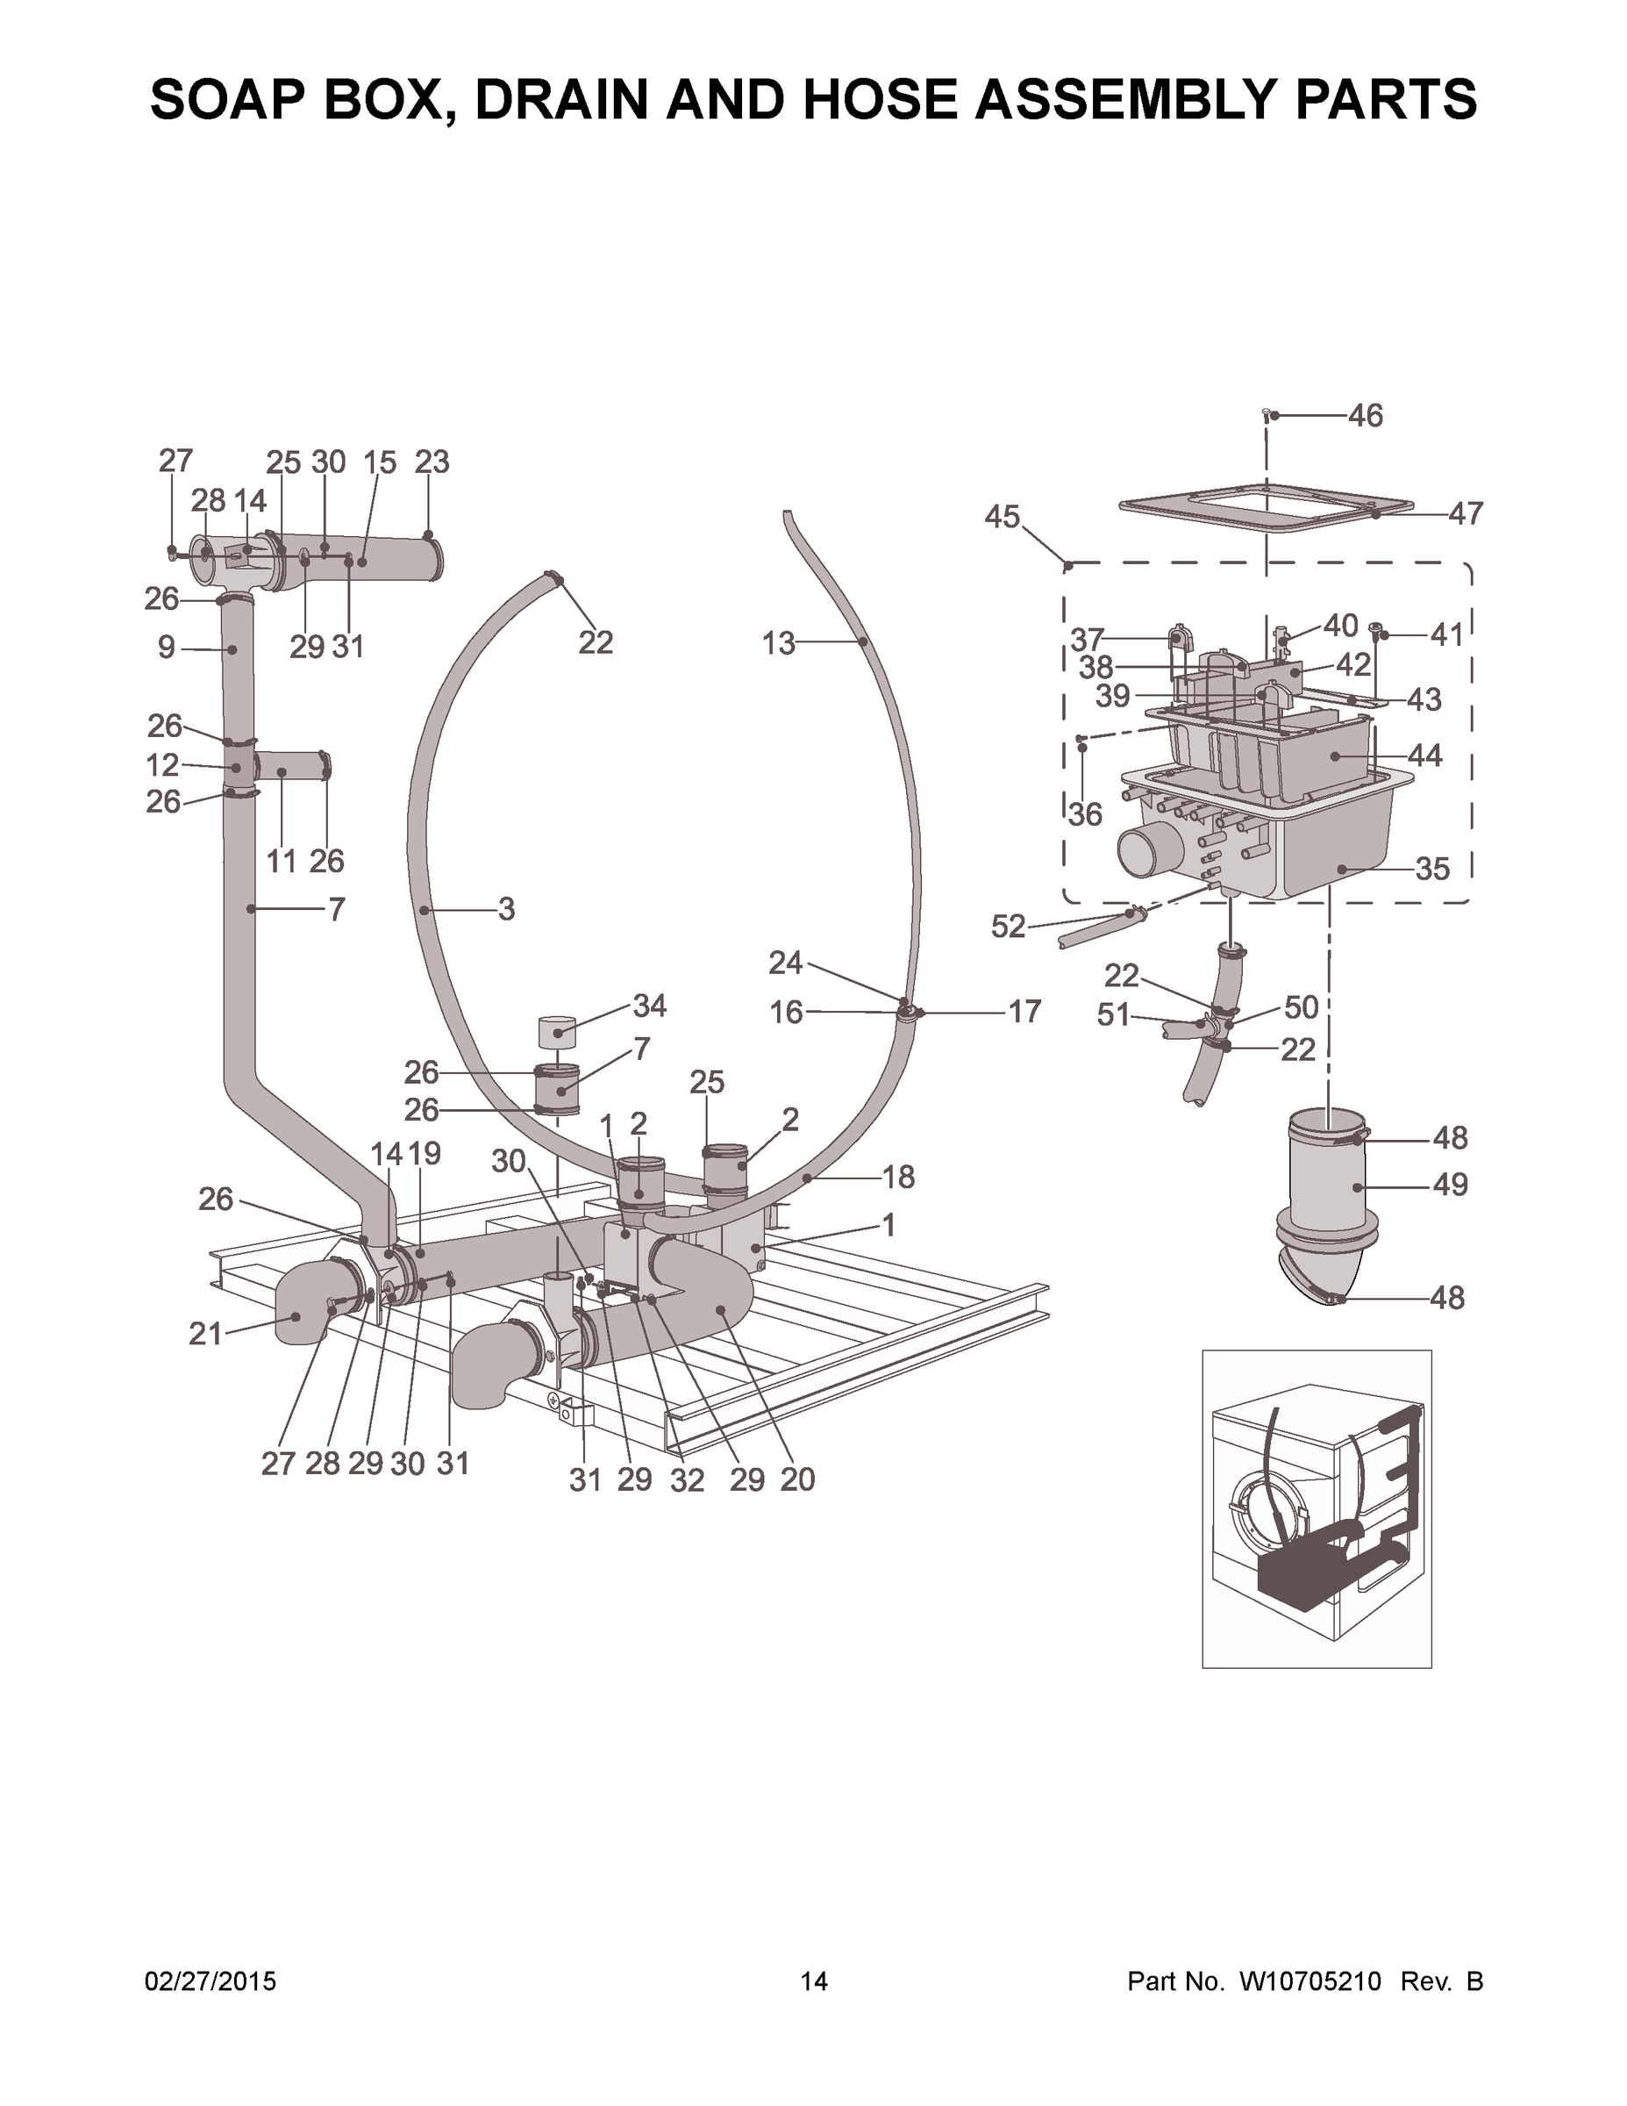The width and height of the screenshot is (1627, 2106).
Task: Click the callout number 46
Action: pyautogui.click(x=1365, y=416)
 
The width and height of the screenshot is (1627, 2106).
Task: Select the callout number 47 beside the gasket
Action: pyautogui.click(x=1465, y=514)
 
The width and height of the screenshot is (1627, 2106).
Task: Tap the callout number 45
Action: pyautogui.click(x=1002, y=517)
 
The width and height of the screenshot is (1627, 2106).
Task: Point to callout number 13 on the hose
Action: pyautogui.click(x=779, y=643)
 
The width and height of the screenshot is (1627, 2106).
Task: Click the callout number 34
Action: pyautogui.click(x=650, y=1006)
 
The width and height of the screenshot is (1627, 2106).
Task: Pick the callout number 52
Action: pyautogui.click(x=1008, y=927)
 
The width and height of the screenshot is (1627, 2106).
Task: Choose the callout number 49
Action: pyautogui.click(x=1450, y=1184)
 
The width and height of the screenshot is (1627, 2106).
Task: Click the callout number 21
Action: pyautogui.click(x=205, y=1335)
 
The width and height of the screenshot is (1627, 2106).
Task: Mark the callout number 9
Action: pyautogui.click(x=167, y=648)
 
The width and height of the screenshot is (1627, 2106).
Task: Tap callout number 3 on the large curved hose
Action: pyautogui.click(x=506, y=909)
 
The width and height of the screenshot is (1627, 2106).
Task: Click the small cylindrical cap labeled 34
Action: pyautogui.click(x=556, y=1032)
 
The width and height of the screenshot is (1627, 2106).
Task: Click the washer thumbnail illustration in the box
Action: pyautogui.click(x=1316, y=1509)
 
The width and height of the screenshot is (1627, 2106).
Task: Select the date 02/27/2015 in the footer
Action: pyautogui.click(x=211, y=1981)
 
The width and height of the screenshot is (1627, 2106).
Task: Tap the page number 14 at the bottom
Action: pyautogui.click(x=814, y=1981)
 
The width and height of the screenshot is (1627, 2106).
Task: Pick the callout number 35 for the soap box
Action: pyautogui.click(x=1432, y=869)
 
